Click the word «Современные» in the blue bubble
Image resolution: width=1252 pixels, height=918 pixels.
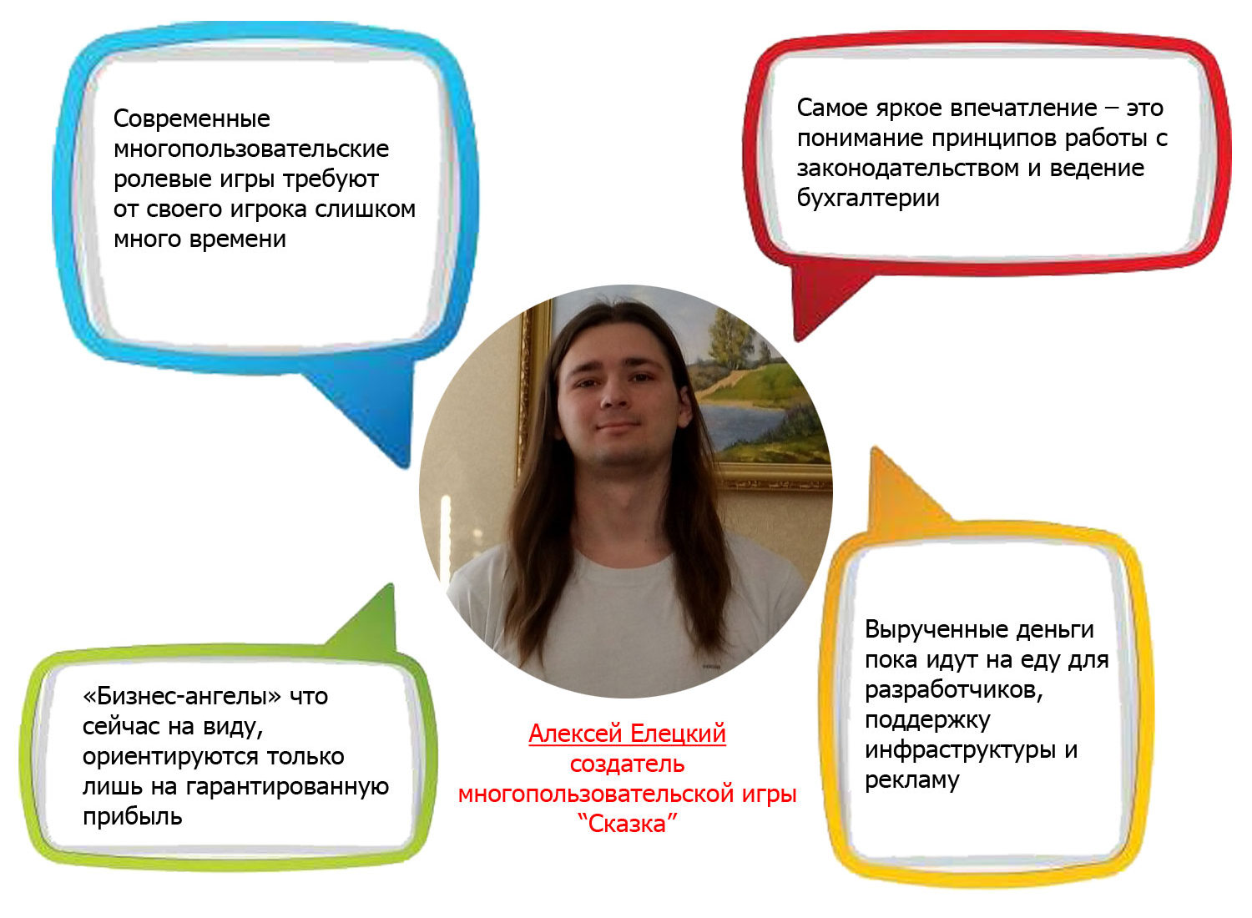click(x=192, y=119)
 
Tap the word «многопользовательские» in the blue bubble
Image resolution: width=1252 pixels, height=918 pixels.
click(x=251, y=149)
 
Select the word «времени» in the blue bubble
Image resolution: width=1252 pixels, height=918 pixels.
click(x=238, y=240)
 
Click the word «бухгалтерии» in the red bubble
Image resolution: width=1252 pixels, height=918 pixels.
click(x=868, y=198)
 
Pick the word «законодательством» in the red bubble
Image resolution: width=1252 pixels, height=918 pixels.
click(x=908, y=169)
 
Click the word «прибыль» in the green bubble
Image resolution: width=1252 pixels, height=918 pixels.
click(x=133, y=817)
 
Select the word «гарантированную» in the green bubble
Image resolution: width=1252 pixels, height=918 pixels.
click(x=287, y=787)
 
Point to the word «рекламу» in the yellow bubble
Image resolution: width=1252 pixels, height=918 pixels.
click(x=912, y=780)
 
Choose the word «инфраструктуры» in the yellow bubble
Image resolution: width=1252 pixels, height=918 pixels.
click(x=959, y=750)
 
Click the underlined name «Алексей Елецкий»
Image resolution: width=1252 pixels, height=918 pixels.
click(x=627, y=734)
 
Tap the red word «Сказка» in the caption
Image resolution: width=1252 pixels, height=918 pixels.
click(x=627, y=825)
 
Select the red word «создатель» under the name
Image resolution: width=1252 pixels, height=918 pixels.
click(x=627, y=764)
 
